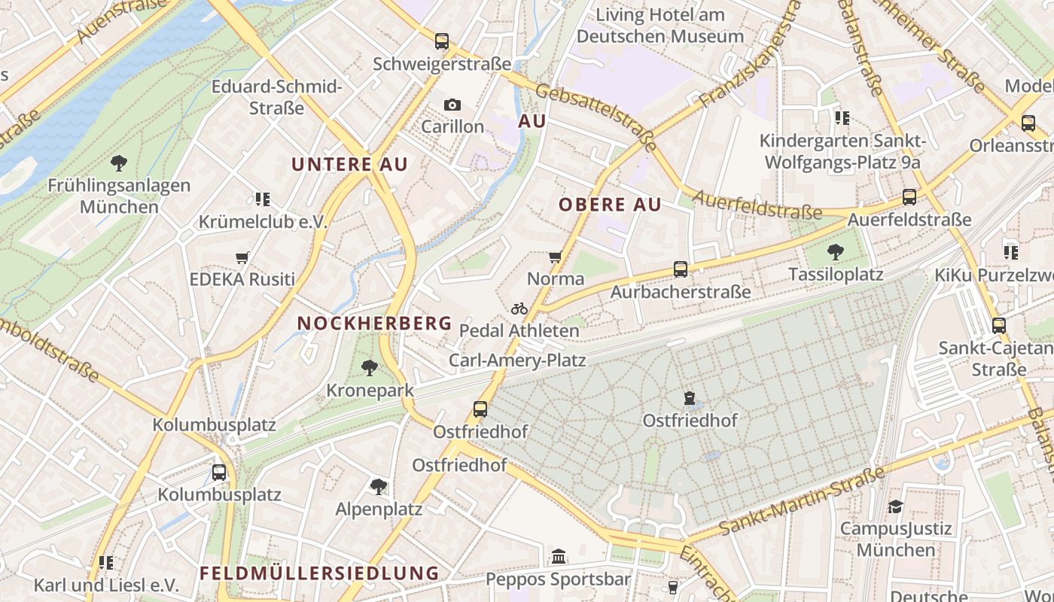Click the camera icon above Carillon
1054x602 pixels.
tap(452, 105)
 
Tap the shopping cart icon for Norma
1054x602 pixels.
tap(556, 257)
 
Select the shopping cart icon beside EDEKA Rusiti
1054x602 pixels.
tap(242, 258)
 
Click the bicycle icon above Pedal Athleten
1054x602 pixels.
tap(519, 309)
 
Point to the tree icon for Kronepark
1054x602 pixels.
tap(369, 368)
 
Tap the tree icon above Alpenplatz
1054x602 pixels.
tap(379, 487)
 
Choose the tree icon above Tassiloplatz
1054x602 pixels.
tap(835, 252)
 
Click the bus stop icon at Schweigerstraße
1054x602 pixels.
tap(442, 41)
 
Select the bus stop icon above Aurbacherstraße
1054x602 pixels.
tap(681, 269)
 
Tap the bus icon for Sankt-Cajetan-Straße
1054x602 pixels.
tap(998, 326)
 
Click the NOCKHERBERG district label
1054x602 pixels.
tap(374, 324)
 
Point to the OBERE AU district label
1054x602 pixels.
tap(610, 205)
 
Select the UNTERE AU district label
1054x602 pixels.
tap(349, 165)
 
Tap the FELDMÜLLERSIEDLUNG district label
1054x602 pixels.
tap(319, 573)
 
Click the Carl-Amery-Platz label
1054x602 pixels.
tap(517, 360)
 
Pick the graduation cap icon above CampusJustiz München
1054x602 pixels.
tap(895, 507)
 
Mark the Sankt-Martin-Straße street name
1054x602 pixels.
tap(802, 501)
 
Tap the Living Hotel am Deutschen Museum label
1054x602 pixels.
tap(660, 26)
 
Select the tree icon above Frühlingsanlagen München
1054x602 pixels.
tap(118, 163)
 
